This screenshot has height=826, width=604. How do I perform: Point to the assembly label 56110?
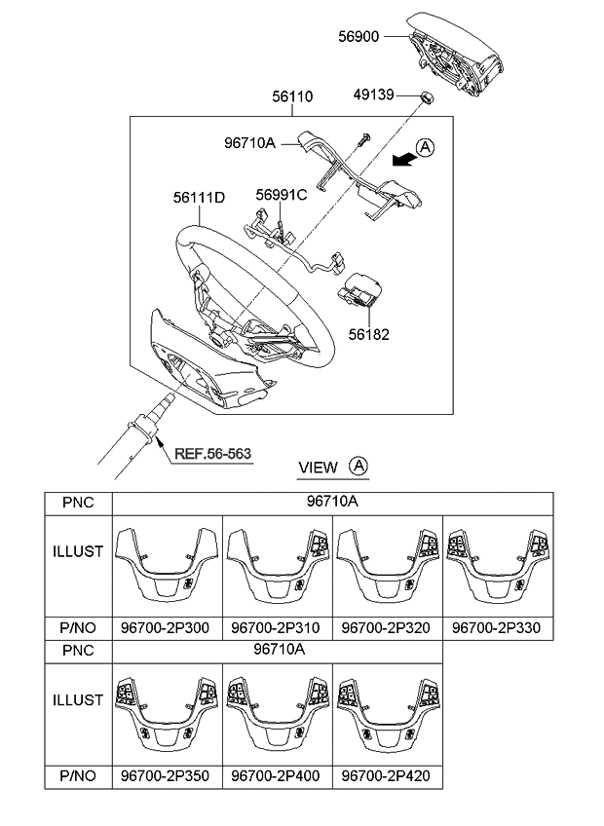292,98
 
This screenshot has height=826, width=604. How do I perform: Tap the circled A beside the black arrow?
425,147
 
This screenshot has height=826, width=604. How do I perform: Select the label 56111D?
200,197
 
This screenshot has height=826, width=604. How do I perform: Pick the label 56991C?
282,194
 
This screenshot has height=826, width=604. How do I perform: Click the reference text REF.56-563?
211,452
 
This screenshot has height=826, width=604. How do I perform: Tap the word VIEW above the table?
318,468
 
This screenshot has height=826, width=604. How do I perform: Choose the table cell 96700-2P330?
499,628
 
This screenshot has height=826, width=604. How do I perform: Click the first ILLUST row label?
78,551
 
